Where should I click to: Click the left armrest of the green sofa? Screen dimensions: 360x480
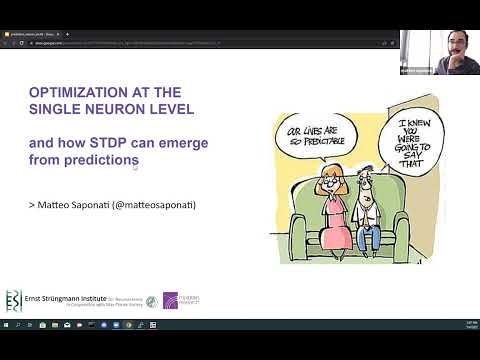click(299, 231)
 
